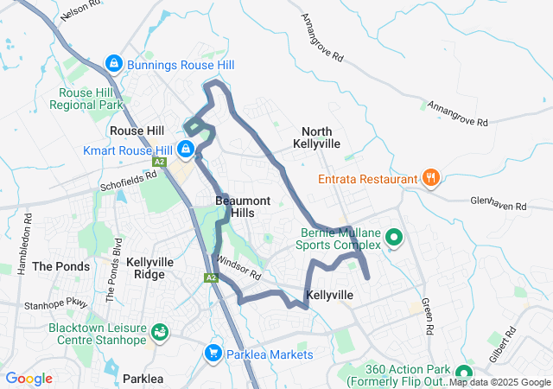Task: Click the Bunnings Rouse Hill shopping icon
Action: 113,64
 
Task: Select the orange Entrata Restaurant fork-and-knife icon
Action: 430,178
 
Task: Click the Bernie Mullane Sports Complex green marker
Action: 394,236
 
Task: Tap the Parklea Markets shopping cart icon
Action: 213,354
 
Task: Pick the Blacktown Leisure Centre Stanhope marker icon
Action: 160,332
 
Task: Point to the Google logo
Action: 29,379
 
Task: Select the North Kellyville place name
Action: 316,137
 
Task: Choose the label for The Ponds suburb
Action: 60,266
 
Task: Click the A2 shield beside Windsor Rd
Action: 211,277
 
